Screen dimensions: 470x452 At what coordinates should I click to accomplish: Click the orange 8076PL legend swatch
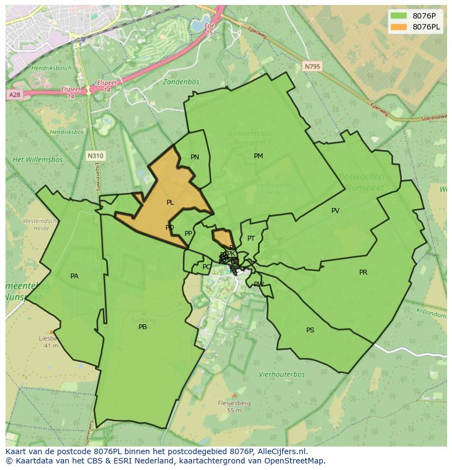click(x=399, y=27)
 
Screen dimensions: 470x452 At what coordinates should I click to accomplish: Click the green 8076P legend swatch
click(x=399, y=15)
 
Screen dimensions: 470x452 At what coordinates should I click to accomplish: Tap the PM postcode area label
click(x=258, y=156)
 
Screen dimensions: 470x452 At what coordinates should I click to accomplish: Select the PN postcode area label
click(x=195, y=157)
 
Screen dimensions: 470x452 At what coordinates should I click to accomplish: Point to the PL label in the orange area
click(x=170, y=203)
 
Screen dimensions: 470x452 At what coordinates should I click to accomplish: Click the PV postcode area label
click(x=335, y=211)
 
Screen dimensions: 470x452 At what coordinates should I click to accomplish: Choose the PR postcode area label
click(x=363, y=272)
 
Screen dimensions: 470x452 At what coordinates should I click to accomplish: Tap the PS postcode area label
click(x=310, y=330)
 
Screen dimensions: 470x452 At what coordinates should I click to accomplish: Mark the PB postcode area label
click(x=142, y=327)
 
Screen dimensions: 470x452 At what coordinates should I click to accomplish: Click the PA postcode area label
click(x=74, y=276)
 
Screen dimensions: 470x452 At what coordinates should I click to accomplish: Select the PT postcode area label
click(x=251, y=239)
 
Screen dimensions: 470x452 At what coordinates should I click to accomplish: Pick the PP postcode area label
click(x=188, y=234)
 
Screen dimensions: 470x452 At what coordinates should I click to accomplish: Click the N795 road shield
click(x=312, y=66)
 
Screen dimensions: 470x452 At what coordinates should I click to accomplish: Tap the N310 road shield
click(x=95, y=156)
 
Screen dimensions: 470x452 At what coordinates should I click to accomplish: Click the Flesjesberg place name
click(x=234, y=403)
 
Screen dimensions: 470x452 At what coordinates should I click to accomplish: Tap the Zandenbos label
click(x=180, y=82)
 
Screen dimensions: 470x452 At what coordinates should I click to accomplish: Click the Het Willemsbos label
click(x=38, y=160)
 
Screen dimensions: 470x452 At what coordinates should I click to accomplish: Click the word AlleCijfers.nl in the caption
click(x=283, y=451)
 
